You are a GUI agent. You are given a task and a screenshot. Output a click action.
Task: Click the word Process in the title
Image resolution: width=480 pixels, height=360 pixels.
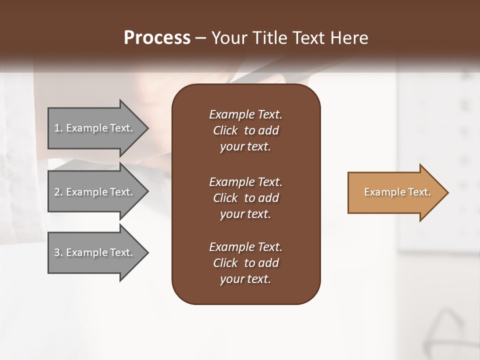click(157, 38)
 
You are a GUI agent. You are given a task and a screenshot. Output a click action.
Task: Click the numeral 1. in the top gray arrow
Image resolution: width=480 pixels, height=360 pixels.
click(58, 128)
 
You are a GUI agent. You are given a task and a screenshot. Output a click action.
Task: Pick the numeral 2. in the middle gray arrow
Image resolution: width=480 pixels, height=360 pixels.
click(58, 192)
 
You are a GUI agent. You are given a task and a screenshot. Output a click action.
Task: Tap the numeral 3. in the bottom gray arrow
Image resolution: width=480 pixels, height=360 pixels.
click(58, 252)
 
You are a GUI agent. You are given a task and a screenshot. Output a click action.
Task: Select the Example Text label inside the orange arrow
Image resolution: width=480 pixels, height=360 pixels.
click(397, 192)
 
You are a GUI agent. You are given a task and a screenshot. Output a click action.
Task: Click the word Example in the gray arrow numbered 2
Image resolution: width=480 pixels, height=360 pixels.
click(86, 192)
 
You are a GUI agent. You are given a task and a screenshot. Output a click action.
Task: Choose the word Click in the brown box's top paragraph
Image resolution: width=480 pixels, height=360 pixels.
click(225, 130)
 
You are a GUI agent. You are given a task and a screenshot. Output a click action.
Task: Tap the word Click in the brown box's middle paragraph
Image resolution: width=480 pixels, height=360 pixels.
click(225, 198)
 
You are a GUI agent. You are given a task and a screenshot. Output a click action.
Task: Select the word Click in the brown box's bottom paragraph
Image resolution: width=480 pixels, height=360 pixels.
click(225, 263)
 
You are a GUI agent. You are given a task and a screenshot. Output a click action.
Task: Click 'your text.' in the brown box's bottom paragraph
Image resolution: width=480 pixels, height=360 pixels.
click(245, 279)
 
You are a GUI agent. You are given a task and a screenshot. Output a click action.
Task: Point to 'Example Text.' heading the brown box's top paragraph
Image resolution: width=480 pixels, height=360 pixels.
click(245, 114)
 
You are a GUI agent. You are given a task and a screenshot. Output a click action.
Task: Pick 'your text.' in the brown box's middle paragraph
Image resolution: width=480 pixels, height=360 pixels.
click(245, 214)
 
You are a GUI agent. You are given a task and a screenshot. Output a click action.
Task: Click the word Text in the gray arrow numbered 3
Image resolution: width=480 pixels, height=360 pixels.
click(120, 252)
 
